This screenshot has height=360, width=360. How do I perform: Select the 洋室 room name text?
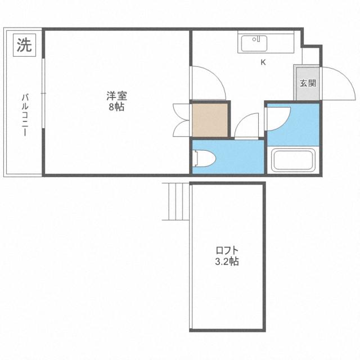click(116, 96)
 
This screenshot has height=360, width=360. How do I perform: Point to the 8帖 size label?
click(116, 107)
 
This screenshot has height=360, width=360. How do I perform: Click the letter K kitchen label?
click(263, 62)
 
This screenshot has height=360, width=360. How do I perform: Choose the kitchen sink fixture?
click(256, 43)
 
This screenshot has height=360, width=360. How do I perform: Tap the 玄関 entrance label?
click(307, 83)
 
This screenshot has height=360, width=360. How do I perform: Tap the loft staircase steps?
click(177, 201)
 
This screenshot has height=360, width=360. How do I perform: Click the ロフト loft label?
click(228, 250)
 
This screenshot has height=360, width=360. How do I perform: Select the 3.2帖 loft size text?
click(228, 262)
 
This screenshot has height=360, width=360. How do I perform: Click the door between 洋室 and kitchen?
click(207, 82)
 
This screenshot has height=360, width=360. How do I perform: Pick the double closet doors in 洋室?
click(181, 119)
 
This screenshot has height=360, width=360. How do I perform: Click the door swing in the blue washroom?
click(278, 117)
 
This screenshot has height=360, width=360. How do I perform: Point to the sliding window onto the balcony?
click(43, 101)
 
